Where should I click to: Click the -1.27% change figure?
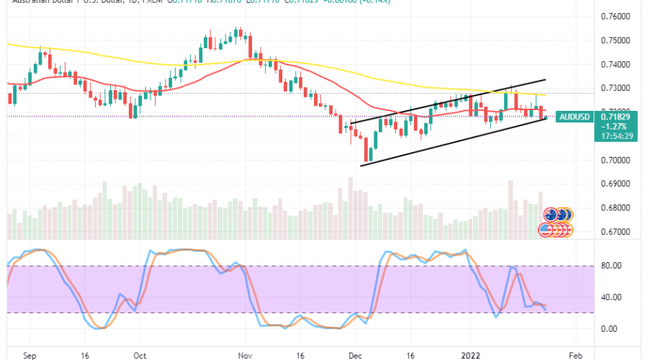click(x=608, y=125)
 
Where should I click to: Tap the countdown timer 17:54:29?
click(x=611, y=134)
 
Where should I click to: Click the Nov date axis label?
click(x=245, y=355)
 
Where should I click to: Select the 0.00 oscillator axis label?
click(x=608, y=328)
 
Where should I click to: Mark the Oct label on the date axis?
click(x=140, y=355)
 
